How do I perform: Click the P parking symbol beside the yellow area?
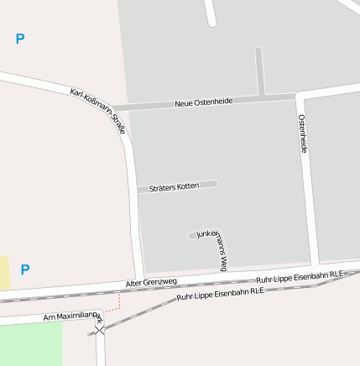[x=25, y=269]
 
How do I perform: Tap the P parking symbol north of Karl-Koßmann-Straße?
[x=20, y=39]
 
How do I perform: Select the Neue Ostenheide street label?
[x=204, y=102]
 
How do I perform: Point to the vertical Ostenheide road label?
[x=303, y=133]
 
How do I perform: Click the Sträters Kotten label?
[x=175, y=187]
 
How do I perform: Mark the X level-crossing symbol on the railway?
[x=101, y=331]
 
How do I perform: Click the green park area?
[x=30, y=342]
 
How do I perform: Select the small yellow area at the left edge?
[x=3, y=273]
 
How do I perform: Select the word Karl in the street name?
[x=78, y=94]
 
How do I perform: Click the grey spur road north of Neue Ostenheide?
[x=260, y=71]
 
